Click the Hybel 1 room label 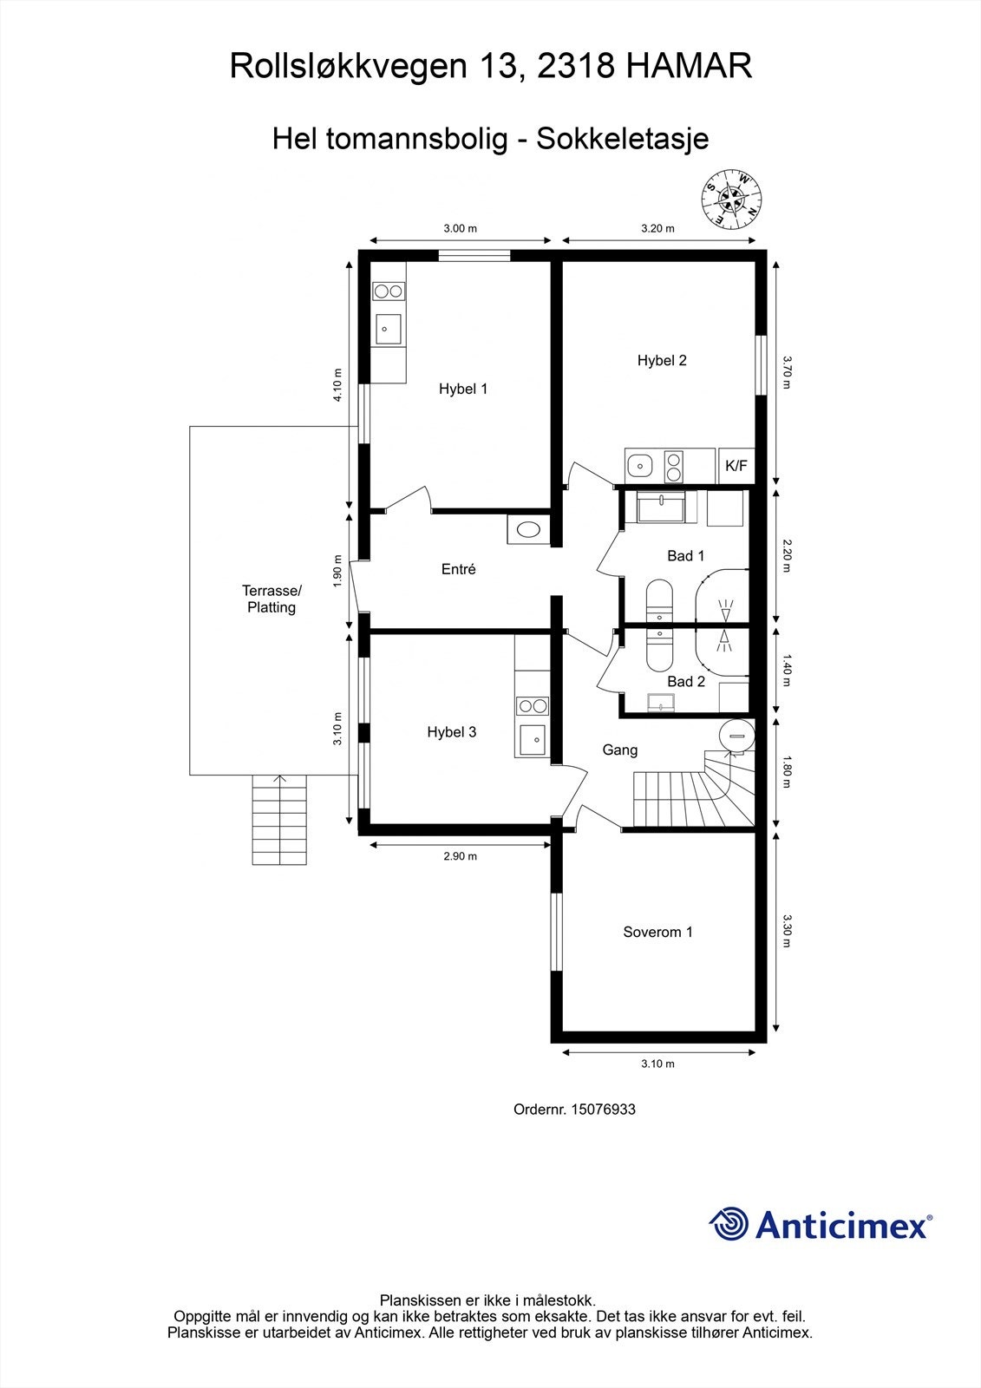tap(463, 389)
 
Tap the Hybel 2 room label tap(662, 360)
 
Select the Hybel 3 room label tap(451, 732)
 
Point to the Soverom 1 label tap(657, 933)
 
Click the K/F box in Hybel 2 tap(736, 466)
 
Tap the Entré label tap(458, 570)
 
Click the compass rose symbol tap(730, 197)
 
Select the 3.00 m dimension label tap(460, 229)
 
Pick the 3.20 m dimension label tap(657, 229)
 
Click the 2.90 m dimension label tap(460, 856)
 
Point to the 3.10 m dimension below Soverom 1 tap(657, 1064)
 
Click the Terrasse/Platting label tap(271, 599)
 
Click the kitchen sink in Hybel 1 tap(388, 330)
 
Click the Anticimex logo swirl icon tap(729, 1225)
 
